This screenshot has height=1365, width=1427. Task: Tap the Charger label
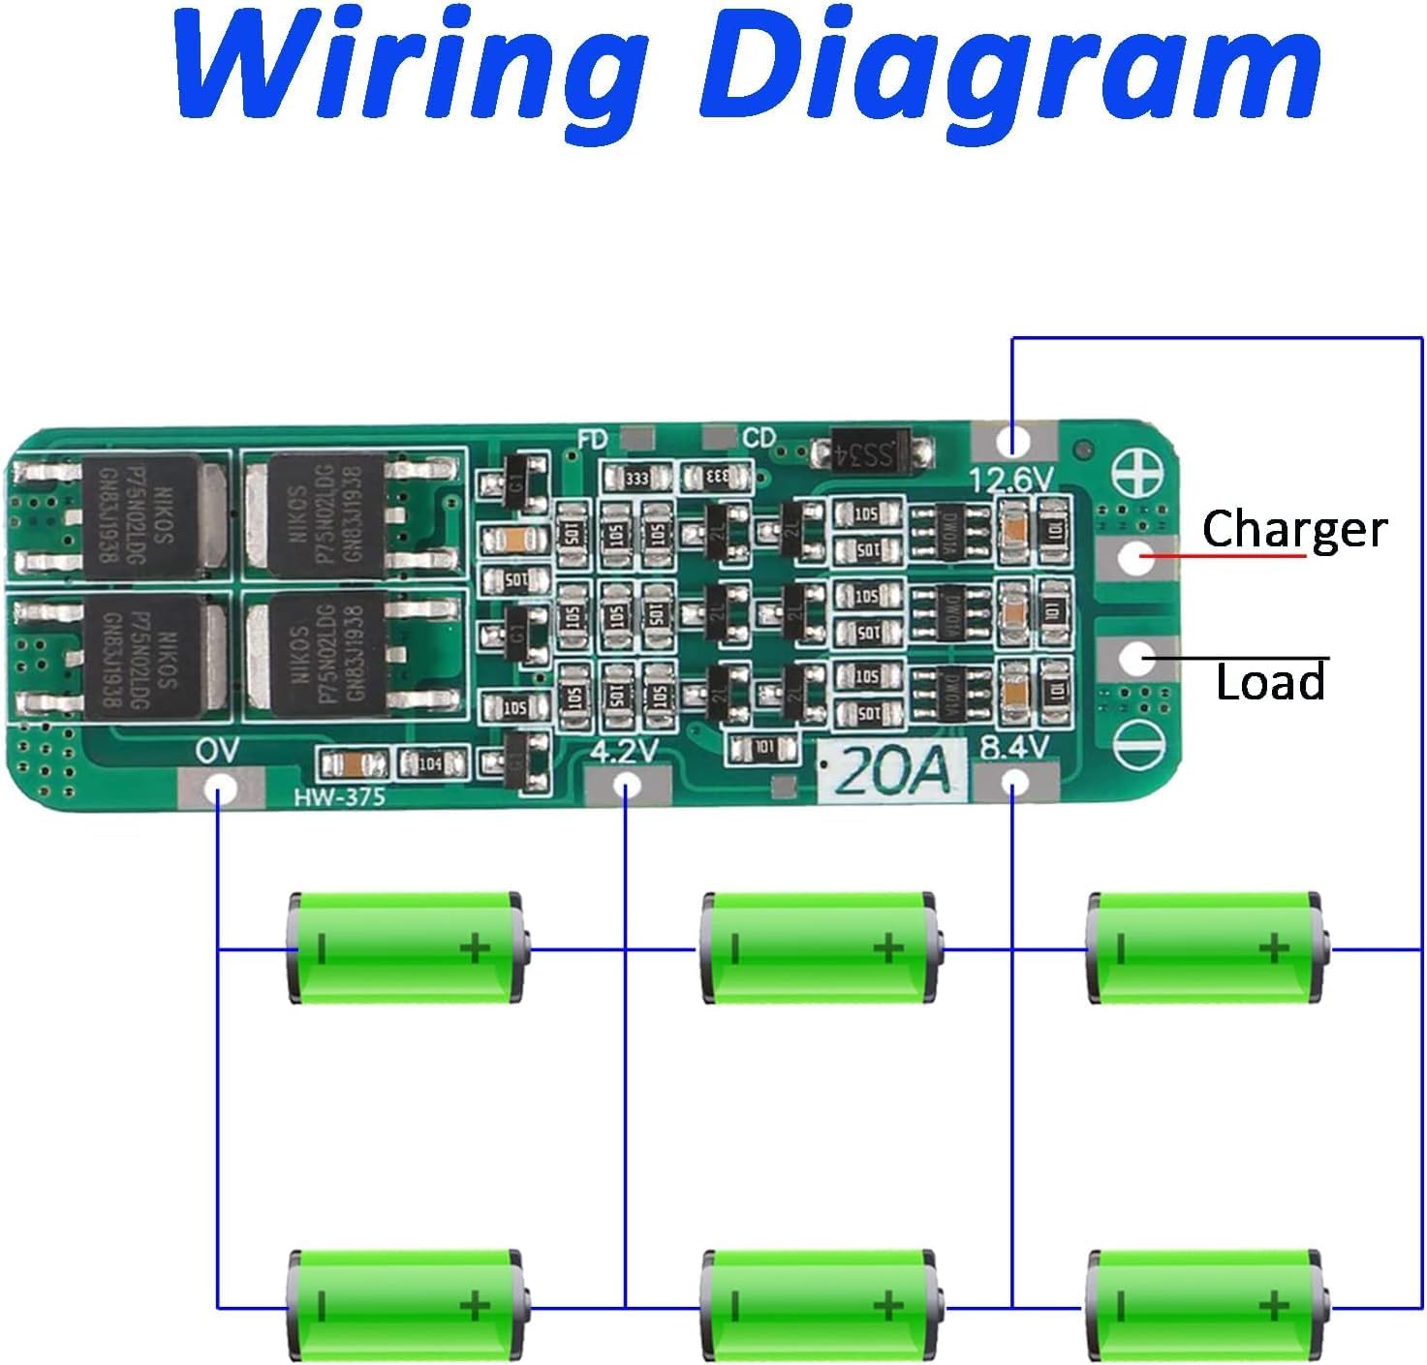[1293, 529]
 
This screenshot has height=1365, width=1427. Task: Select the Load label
[1270, 683]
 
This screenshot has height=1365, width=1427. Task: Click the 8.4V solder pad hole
[1013, 783]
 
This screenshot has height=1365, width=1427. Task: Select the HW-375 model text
[339, 796]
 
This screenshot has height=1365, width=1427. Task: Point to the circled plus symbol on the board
[1144, 475]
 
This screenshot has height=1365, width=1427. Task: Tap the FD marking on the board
[592, 440]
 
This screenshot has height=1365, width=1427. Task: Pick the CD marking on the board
[759, 439]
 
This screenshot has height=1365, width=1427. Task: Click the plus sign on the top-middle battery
[887, 947]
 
